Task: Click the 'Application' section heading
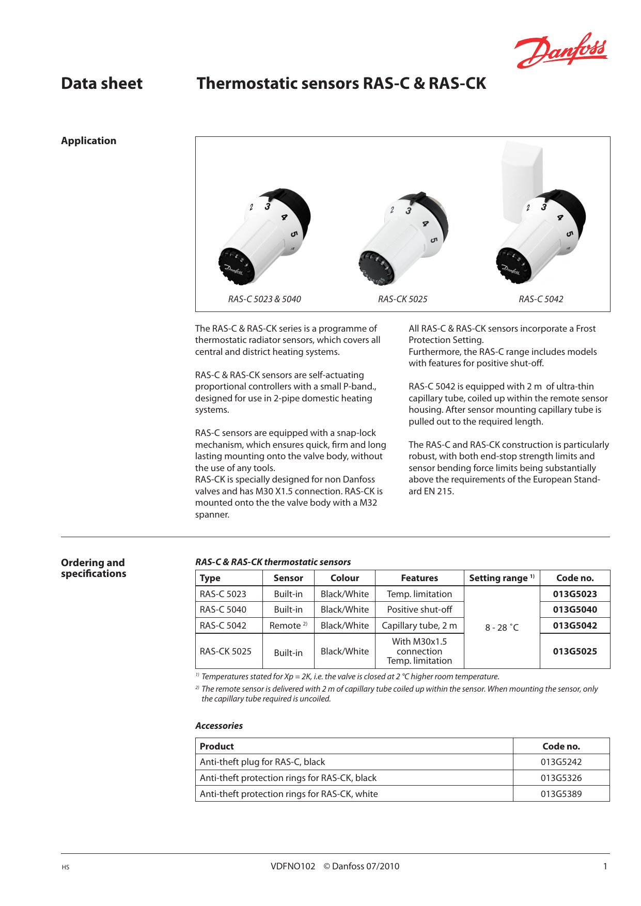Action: [x=88, y=140]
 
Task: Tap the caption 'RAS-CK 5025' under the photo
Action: [x=402, y=299]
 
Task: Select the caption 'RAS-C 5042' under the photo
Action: [x=541, y=299]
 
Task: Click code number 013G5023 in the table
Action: [x=574, y=594]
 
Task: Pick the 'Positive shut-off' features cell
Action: [x=419, y=610]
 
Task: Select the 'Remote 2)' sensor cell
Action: [x=288, y=626]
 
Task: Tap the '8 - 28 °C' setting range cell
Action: [x=502, y=628]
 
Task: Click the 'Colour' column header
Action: [x=345, y=578]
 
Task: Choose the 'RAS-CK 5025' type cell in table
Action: [x=226, y=651]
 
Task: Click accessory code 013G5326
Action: [x=561, y=778]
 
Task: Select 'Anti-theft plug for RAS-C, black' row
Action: [x=262, y=762]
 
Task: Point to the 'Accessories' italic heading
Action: [x=219, y=726]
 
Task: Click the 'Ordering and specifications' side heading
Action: [x=93, y=568]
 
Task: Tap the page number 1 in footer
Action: [x=605, y=866]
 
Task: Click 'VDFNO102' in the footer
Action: [x=293, y=866]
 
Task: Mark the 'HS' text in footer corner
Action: [x=65, y=867]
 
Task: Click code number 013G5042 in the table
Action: [x=574, y=626]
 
